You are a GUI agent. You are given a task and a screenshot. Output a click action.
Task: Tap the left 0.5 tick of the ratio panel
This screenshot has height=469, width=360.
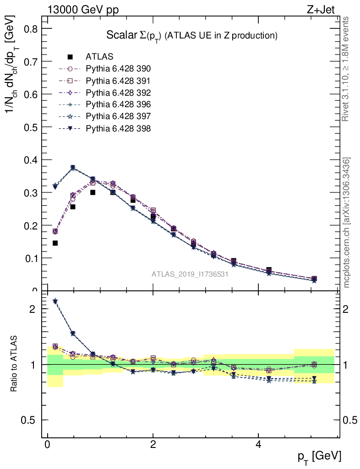pyautogui.click(x=28, y=420)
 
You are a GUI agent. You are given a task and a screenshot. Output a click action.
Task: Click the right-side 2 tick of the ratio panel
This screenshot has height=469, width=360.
pyautogui.click(x=349, y=309)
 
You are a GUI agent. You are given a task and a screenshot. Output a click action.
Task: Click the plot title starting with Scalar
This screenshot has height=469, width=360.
pyautogui.click(x=192, y=36)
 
